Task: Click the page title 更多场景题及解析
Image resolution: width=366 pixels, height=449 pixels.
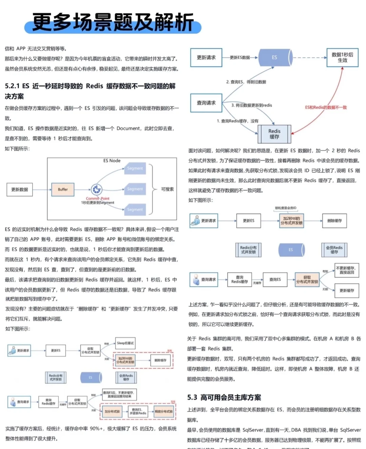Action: pyautogui.click(x=113, y=22)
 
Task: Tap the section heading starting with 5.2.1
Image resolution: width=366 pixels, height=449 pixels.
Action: pyautogui.click(x=90, y=91)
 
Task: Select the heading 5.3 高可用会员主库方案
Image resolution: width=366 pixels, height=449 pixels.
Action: pyautogui.click(x=224, y=397)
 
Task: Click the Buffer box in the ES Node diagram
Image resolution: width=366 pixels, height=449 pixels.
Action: pyautogui.click(x=63, y=190)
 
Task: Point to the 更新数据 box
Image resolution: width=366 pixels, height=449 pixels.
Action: pyautogui.click(x=20, y=190)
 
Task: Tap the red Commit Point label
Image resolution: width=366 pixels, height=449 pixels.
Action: pyautogui.click(x=98, y=198)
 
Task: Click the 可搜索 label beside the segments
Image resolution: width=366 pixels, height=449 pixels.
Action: pyautogui.click(x=167, y=189)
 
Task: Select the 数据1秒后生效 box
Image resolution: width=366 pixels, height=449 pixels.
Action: pyautogui.click(x=342, y=57)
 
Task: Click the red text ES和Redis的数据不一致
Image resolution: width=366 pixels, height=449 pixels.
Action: pyautogui.click(x=326, y=107)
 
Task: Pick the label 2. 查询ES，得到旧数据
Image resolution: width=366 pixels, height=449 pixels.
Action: pyautogui.click(x=246, y=82)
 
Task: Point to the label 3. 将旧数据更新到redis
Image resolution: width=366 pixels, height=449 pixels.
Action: pyautogui.click(x=251, y=105)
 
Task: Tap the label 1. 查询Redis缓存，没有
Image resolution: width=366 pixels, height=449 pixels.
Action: pyautogui.click(x=238, y=121)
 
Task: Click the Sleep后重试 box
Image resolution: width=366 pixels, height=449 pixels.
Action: pyautogui.click(x=125, y=343)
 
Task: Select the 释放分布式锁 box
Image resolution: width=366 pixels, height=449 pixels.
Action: pyautogui.click(x=164, y=411)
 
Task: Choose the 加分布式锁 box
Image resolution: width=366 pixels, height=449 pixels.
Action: pyautogui.click(x=112, y=411)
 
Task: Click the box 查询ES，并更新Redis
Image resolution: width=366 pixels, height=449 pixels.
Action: pyautogui.click(x=138, y=411)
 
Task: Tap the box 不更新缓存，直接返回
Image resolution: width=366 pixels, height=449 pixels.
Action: pyautogui.click(x=345, y=270)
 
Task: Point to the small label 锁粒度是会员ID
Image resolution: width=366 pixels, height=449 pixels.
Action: pyautogui.click(x=286, y=208)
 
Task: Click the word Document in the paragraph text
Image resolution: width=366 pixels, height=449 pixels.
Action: pyautogui.click(x=128, y=128)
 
